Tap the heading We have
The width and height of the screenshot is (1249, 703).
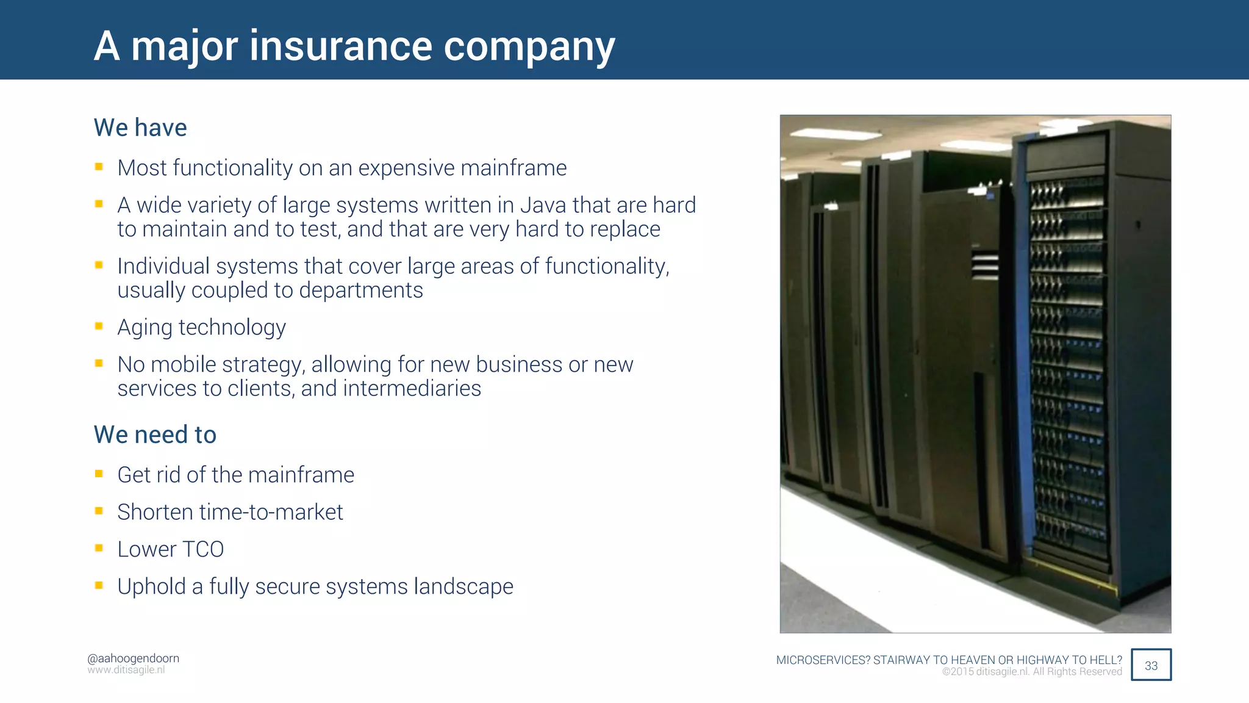[140, 128]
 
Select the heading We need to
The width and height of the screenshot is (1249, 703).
[155, 434]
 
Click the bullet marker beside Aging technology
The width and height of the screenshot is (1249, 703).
[99, 326]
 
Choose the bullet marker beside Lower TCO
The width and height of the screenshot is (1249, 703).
[99, 548]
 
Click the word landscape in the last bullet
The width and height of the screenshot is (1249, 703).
[463, 586]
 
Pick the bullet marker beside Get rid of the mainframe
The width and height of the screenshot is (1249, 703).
[99, 474]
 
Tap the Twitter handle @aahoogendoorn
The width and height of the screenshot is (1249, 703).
[133, 658]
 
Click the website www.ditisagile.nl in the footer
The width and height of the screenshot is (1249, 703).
[126, 670]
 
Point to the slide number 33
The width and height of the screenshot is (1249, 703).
[1151, 665]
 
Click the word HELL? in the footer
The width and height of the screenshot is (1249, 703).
[1106, 660]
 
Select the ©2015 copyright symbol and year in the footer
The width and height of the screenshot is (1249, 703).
[957, 672]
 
